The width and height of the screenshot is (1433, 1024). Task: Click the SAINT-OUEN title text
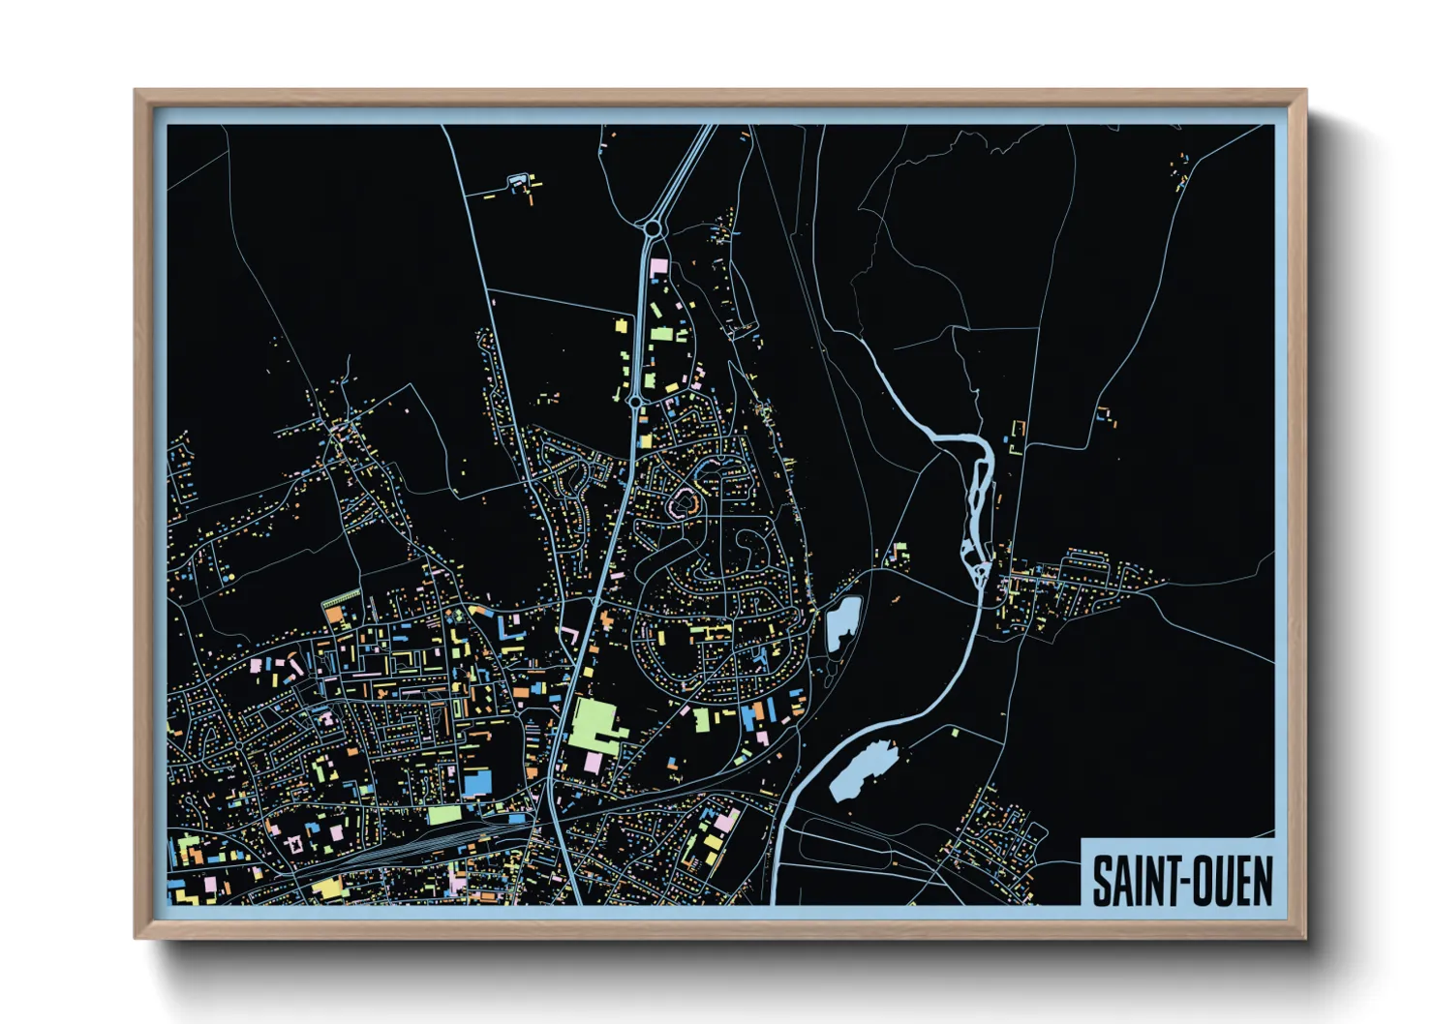point(1181,881)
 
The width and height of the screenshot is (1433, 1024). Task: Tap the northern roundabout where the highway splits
point(653,228)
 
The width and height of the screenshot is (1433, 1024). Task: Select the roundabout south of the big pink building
point(634,400)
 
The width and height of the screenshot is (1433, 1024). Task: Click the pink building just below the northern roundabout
point(659,264)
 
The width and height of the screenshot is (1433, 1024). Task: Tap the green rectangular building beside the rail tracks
point(443,815)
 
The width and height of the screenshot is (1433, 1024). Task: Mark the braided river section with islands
point(978,503)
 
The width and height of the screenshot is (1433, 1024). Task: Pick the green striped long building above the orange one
point(340,598)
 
